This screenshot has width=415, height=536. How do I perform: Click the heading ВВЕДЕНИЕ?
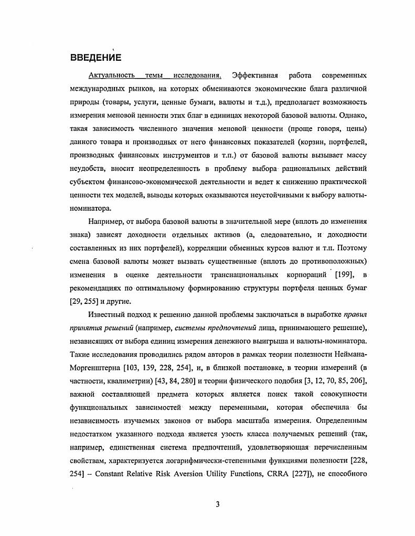(x=95, y=57)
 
